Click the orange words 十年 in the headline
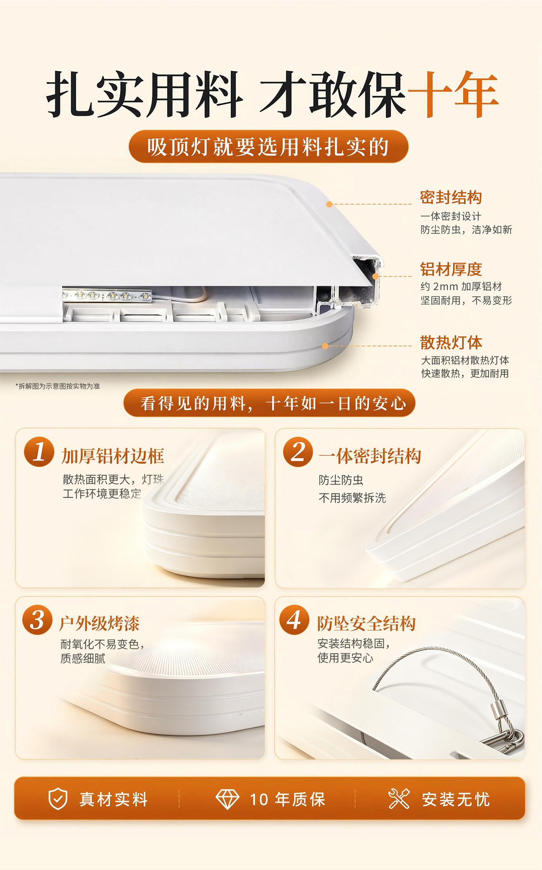coord(453,94)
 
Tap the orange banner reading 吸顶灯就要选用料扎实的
coord(269,146)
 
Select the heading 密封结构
coord(451,198)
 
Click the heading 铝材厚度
coord(451,269)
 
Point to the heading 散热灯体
coord(451,343)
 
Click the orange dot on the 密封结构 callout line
coord(330,204)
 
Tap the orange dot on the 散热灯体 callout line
coord(325,346)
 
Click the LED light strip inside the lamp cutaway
coord(107,295)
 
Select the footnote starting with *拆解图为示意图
coord(58,386)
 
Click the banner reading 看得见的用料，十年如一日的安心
coord(269,403)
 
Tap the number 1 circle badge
coord(39,452)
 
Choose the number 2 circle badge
coord(298,452)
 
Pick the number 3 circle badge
coord(37,620)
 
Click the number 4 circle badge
coord(294,620)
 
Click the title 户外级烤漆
coord(99,623)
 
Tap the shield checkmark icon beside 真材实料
coord(58,799)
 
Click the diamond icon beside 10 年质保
coord(227,799)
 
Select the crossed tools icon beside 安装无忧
coord(399,798)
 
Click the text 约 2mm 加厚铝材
coord(461,286)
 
